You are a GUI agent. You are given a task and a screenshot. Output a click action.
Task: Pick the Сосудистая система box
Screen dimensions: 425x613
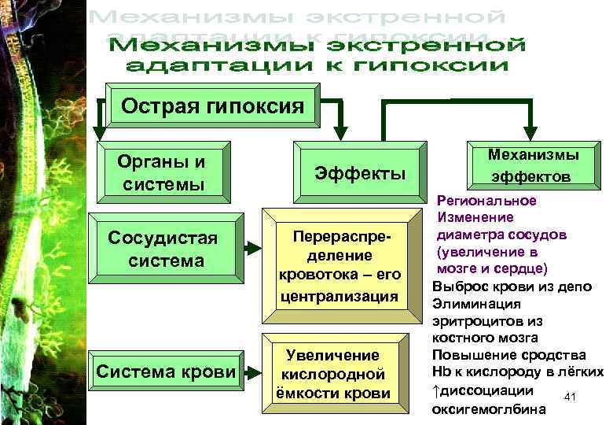click(162, 248)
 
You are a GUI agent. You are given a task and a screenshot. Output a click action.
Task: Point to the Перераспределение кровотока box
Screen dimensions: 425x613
click(340, 267)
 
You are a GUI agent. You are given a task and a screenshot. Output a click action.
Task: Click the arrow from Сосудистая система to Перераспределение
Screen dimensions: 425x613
click(251, 248)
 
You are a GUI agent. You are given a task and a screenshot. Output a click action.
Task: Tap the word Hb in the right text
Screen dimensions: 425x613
click(442, 372)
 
